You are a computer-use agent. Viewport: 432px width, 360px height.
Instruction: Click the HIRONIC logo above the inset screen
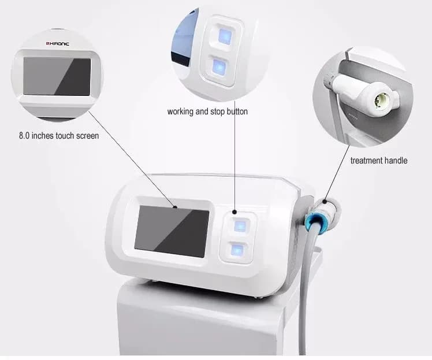58,43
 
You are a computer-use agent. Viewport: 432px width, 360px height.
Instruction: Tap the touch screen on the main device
172,232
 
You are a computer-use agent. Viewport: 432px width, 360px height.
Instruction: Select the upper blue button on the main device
240,226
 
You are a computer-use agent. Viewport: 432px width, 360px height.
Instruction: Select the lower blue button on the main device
237,251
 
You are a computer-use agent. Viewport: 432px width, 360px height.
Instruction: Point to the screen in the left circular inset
57,76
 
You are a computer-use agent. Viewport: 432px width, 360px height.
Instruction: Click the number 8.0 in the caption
24,136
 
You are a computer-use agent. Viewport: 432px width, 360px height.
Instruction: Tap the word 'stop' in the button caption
218,112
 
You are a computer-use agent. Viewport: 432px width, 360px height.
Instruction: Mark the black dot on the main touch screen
175,207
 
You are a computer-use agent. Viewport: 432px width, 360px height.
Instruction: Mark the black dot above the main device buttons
234,212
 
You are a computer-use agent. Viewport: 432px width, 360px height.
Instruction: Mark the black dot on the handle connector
325,202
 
